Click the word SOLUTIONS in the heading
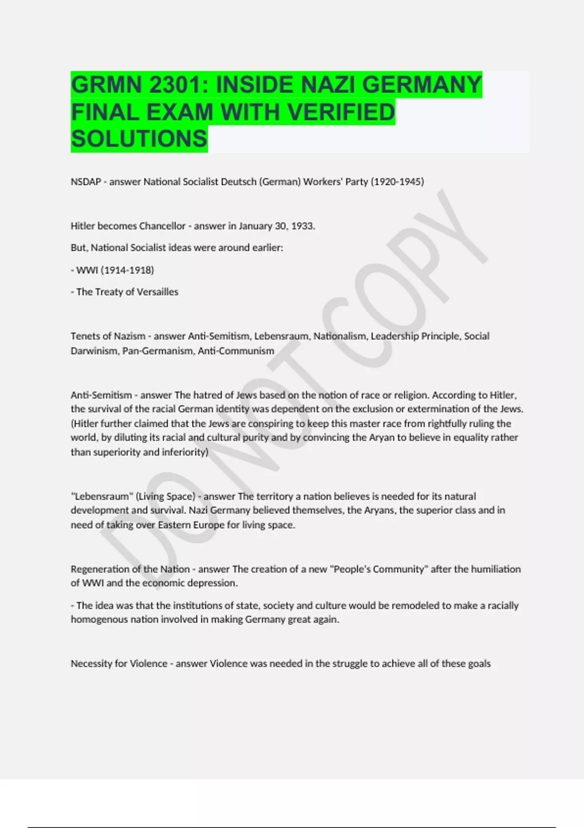tap(139, 139)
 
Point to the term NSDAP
tap(86, 182)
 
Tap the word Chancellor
tap(163, 226)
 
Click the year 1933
tap(303, 226)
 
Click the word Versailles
tap(158, 292)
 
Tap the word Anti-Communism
tap(236, 351)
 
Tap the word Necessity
tap(92, 663)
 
